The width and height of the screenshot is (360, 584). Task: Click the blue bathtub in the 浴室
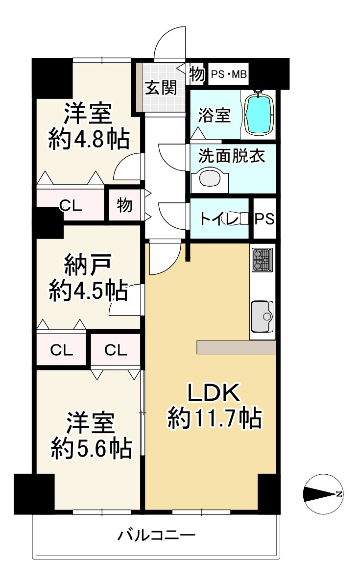click(x=258, y=114)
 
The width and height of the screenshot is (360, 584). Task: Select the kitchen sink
click(x=262, y=315)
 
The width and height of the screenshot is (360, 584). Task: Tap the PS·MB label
click(x=229, y=75)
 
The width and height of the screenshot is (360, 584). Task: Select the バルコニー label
click(x=156, y=535)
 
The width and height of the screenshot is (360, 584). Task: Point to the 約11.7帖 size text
click(x=215, y=419)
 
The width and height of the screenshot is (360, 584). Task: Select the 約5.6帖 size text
click(x=92, y=448)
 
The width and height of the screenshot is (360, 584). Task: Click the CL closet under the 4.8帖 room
click(x=71, y=206)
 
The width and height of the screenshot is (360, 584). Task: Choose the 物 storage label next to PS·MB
click(x=197, y=74)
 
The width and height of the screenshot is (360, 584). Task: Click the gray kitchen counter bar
click(x=236, y=347)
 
